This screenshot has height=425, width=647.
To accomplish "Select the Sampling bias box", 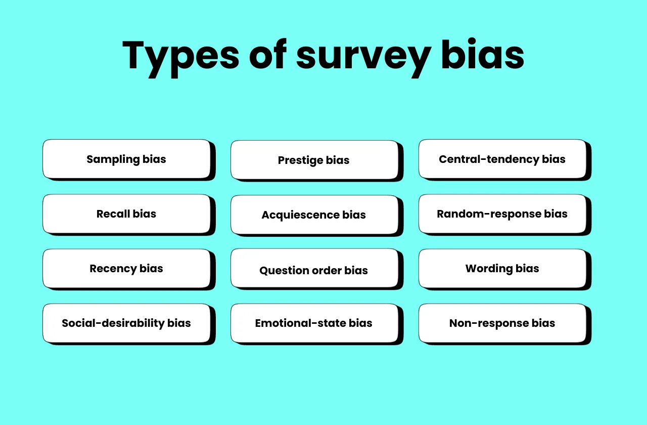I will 126,159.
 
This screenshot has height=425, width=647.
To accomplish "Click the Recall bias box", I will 126,214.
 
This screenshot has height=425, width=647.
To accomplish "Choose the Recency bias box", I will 126,268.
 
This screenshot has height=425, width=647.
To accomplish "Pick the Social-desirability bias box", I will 126,323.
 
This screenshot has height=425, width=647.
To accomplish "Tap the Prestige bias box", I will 314,160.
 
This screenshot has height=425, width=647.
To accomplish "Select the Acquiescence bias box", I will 314,215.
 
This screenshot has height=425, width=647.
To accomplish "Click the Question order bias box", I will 314,269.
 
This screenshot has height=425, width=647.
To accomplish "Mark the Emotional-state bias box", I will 314,323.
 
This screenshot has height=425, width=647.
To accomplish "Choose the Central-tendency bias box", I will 502,159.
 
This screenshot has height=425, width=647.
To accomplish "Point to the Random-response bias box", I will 502,214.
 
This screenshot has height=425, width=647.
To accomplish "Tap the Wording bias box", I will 502,268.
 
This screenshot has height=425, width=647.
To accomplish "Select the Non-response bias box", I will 502,323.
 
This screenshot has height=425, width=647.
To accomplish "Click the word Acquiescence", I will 300,215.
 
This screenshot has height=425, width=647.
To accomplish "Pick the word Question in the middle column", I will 283,271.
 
